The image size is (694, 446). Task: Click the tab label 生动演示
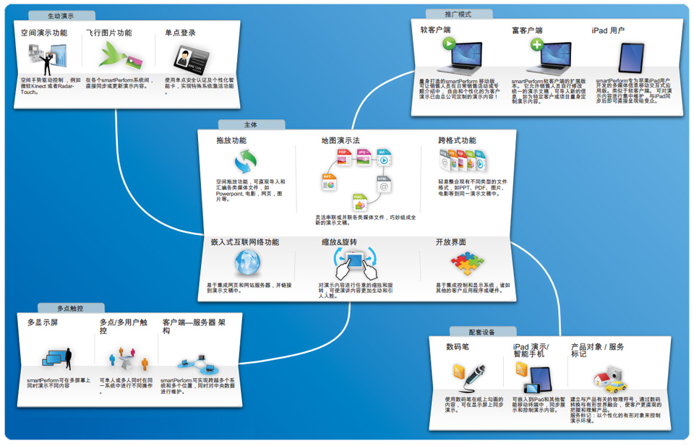click(x=61, y=15)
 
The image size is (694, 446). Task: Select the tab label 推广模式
click(x=458, y=14)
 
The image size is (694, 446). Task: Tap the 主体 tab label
click(x=250, y=124)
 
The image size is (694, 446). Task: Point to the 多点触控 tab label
click(x=70, y=308)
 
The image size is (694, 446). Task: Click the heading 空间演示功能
click(x=44, y=33)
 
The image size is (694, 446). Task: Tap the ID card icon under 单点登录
click(x=192, y=56)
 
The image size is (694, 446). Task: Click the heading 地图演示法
click(x=340, y=140)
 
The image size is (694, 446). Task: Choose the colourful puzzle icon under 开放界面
click(x=466, y=263)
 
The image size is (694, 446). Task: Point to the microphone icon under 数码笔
click(x=470, y=374)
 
